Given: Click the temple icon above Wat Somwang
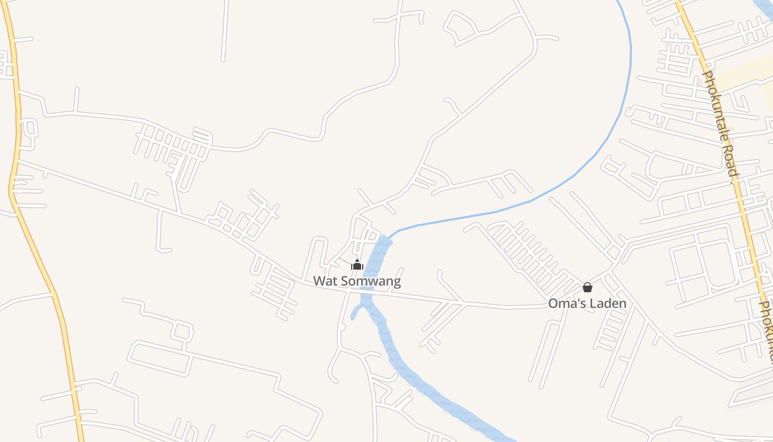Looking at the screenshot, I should (357, 265).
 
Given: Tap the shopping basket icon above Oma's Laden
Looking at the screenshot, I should (587, 287).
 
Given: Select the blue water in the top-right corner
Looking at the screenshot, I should (765, 8).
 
